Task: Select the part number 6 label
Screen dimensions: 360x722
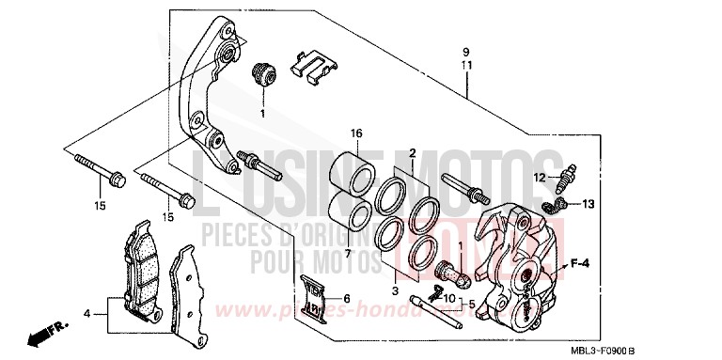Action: click(x=346, y=299)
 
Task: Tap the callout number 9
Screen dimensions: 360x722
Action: click(x=464, y=50)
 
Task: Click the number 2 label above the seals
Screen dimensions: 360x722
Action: click(x=412, y=152)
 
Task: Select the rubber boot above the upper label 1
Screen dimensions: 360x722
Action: click(x=262, y=73)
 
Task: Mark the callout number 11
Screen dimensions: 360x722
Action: click(x=464, y=64)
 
